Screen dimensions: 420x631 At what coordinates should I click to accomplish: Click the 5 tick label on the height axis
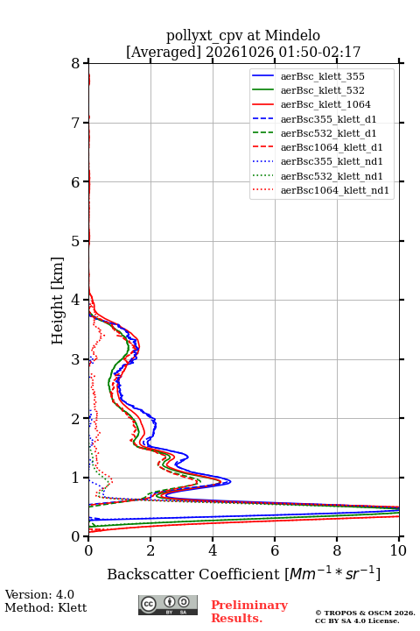[x=76, y=241]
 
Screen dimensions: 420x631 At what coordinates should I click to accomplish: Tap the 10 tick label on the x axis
[x=398, y=550]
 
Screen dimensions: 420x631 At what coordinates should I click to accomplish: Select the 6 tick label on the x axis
[x=275, y=550]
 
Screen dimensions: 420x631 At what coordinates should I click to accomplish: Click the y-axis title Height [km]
[x=57, y=301]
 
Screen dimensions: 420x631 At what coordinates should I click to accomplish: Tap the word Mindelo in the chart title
[x=292, y=35]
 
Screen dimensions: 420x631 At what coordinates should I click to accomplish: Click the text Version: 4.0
[x=39, y=594]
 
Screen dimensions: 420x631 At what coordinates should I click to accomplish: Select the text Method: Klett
[x=45, y=607]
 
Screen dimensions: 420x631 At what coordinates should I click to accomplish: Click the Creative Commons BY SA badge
[x=168, y=605]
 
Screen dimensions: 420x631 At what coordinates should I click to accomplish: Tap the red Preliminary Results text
[x=249, y=612]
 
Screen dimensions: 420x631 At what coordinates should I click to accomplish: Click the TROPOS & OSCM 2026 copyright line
[x=365, y=613]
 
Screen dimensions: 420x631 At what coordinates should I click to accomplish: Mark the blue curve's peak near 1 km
[x=230, y=481]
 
